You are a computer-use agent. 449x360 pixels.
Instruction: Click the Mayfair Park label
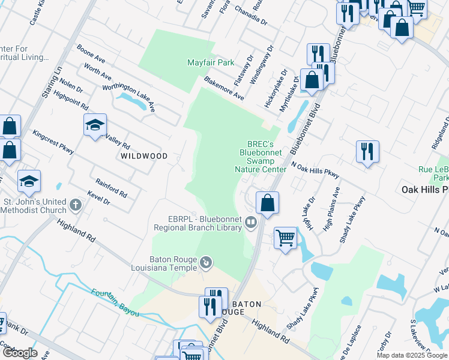click(x=209, y=62)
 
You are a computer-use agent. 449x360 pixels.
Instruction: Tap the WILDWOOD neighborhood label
click(x=144, y=156)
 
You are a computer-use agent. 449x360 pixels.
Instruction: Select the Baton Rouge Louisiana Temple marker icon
click(x=206, y=262)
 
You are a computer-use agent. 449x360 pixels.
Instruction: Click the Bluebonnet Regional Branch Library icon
click(x=250, y=224)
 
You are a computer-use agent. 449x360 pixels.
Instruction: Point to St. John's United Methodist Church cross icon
click(x=75, y=206)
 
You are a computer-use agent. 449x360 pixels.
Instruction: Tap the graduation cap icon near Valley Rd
click(x=95, y=125)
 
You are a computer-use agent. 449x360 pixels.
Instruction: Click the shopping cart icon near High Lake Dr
click(x=285, y=238)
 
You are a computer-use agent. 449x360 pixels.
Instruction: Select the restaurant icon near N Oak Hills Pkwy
click(x=367, y=151)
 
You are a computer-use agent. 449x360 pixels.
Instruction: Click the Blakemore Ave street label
click(x=224, y=88)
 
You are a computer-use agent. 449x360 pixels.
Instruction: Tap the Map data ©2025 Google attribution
click(x=411, y=355)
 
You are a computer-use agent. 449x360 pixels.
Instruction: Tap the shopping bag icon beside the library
click(x=268, y=203)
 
